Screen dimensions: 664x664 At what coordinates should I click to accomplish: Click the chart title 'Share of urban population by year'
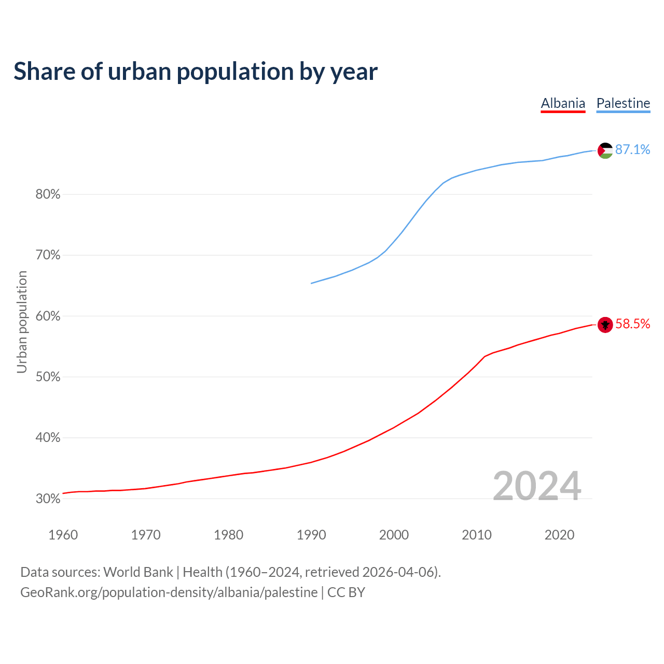pos(196,72)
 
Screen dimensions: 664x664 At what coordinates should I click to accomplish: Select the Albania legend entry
pos(563,103)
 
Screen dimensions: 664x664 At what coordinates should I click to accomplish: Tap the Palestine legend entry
pos(623,103)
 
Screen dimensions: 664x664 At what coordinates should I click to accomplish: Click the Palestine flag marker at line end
pos(605,150)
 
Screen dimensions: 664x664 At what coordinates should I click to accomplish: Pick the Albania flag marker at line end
pos(605,325)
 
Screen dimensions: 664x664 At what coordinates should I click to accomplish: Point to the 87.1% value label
pos(632,150)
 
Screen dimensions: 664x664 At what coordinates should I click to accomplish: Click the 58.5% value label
pos(632,324)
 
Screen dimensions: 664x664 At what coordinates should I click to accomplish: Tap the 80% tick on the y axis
pos(48,195)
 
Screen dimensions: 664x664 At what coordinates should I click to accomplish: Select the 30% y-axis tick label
pos(48,499)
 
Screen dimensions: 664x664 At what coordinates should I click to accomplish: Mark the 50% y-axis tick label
pos(48,377)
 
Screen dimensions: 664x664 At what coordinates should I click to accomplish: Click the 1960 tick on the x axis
pos(63,535)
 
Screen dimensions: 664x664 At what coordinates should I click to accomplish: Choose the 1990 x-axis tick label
pos(311,535)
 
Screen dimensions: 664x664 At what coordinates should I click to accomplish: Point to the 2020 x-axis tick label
pos(559,535)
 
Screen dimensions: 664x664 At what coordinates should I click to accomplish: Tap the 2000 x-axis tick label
pos(394,535)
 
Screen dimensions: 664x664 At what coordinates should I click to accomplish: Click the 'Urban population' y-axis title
pos(22,322)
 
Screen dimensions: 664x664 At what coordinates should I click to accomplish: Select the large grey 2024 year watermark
pos(537,486)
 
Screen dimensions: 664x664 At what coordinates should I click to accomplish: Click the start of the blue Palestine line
pos(312,283)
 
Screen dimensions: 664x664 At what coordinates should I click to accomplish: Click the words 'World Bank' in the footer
pos(138,572)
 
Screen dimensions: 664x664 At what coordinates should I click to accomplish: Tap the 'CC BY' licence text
pos(346,592)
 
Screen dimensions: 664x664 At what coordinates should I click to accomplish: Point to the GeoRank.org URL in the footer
pos(169,592)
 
